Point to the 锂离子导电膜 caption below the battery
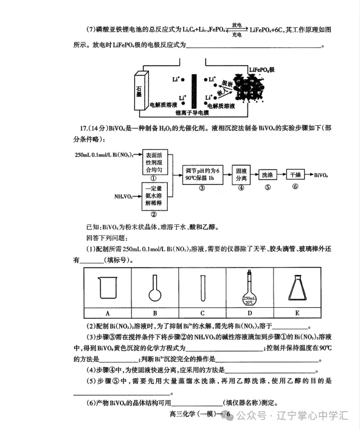click(x=188, y=113)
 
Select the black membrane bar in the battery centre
click(x=194, y=89)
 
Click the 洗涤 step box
click(x=267, y=175)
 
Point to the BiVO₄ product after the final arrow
click(x=322, y=175)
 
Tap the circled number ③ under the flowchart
click(x=202, y=188)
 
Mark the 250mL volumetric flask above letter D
click(x=249, y=290)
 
